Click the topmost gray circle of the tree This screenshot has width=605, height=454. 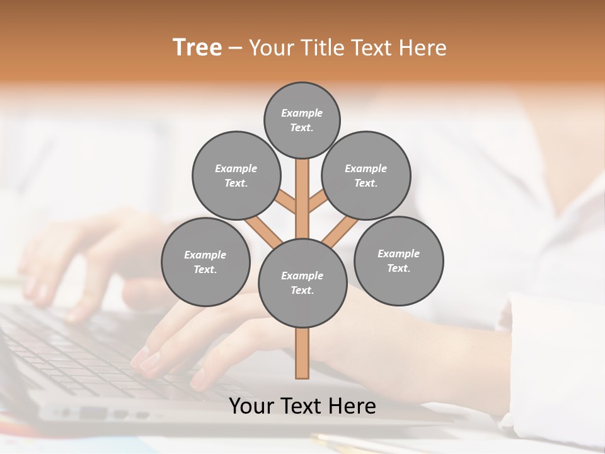point(302,120)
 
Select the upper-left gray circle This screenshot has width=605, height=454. point(236,175)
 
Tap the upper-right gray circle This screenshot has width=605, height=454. point(366,175)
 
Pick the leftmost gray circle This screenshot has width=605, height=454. point(205,262)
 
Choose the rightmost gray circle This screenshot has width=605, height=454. point(398,260)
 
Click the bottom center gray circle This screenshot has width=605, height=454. point(302,283)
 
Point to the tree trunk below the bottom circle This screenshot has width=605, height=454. point(302,353)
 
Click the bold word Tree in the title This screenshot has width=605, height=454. point(197,47)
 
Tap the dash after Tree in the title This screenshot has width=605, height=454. point(235,48)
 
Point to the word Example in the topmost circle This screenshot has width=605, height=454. point(302,113)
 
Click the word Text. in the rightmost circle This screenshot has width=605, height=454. point(398,268)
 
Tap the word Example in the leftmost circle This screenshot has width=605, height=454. point(205,255)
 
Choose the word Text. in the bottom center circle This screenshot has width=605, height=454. point(302,290)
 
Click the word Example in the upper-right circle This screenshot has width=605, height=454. point(366,168)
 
